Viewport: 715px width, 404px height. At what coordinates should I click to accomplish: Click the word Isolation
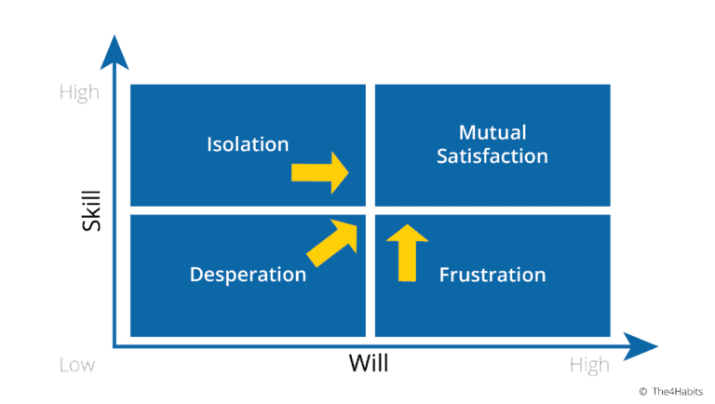click(x=248, y=144)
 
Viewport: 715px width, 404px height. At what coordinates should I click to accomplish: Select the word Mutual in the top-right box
click(x=492, y=132)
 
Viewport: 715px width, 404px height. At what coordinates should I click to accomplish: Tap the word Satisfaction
click(x=492, y=156)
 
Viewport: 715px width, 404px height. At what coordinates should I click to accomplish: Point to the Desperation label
click(x=248, y=275)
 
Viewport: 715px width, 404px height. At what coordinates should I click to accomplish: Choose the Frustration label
click(x=492, y=275)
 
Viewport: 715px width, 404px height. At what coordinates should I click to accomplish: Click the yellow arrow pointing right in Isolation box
click(x=319, y=173)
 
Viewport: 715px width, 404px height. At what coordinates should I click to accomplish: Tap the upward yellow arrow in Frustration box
click(x=406, y=251)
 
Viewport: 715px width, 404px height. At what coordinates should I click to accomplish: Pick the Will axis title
click(x=369, y=364)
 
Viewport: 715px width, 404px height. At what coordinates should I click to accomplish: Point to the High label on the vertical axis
click(x=79, y=92)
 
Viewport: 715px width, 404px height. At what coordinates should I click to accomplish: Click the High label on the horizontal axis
click(x=589, y=366)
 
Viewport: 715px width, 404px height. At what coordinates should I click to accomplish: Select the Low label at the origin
click(x=77, y=366)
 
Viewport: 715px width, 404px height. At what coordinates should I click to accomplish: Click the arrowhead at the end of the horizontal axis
click(x=642, y=347)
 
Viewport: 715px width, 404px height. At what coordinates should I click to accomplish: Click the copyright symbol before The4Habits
click(x=642, y=391)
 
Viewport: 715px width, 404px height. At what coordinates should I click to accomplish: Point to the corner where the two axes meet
click(x=115, y=346)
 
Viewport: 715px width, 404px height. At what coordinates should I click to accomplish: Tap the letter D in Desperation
click(x=196, y=275)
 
